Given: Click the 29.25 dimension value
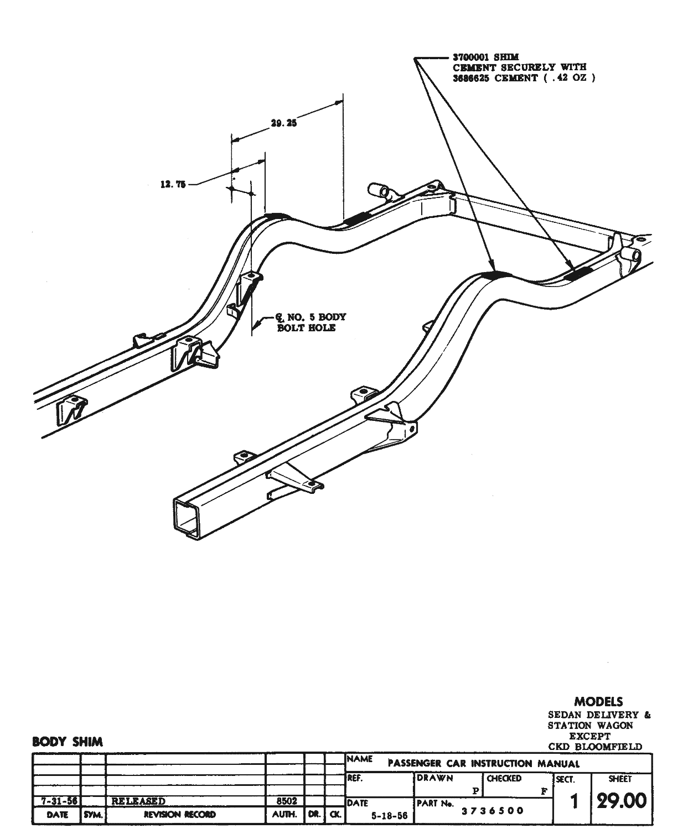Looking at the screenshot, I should tap(284, 123).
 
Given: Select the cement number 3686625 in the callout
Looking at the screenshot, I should tap(472, 78).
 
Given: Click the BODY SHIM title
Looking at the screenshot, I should tap(68, 742).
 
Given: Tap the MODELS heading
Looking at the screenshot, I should tap(598, 702).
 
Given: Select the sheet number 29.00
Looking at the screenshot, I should tap(621, 800).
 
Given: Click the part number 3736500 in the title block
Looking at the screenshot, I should tap(493, 811).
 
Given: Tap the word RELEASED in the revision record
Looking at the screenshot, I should tap(138, 800).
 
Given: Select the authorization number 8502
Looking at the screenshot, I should tap(286, 800).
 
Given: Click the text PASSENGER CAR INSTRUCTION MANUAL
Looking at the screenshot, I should tap(484, 764).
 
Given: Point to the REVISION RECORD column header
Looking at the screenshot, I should tap(180, 815).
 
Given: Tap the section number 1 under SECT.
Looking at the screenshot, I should tap(574, 802).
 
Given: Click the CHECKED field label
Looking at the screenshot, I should tap(504, 778).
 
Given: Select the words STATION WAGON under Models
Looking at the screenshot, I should tap(591, 725).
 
